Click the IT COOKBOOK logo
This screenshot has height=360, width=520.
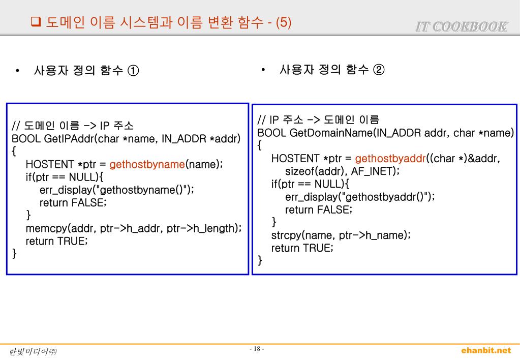(x=462, y=26)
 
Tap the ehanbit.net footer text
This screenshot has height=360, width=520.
(x=485, y=350)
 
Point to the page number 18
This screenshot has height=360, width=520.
(x=257, y=349)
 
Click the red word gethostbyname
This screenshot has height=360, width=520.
(x=147, y=164)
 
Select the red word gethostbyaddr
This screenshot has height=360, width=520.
(x=390, y=159)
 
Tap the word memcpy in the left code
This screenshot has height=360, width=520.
(x=46, y=228)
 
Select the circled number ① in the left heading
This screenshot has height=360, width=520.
(x=133, y=70)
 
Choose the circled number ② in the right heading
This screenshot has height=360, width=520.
(x=379, y=69)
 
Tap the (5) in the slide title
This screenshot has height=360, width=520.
(x=284, y=23)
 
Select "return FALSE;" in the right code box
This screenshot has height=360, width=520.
(x=319, y=209)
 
